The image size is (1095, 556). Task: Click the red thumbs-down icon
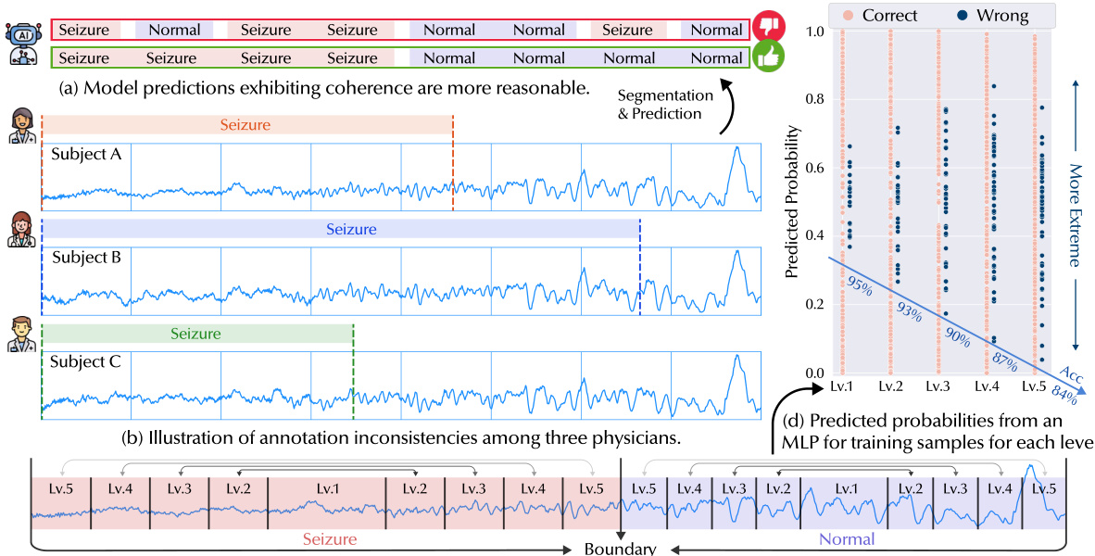[x=767, y=25]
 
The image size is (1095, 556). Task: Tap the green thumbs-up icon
[x=767, y=57]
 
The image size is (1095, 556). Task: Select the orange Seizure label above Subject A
[x=246, y=124]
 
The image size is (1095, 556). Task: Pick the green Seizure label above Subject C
[x=196, y=334]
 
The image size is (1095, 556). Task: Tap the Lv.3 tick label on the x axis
[x=938, y=385]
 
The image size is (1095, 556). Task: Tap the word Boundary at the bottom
[x=620, y=548]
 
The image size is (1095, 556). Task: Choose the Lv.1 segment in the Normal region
[x=844, y=487]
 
